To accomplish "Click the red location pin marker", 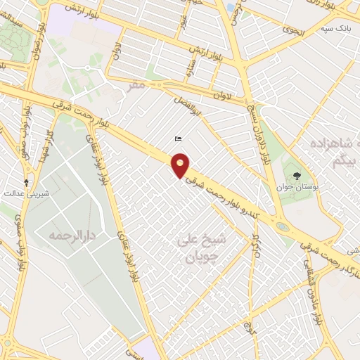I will coord(181,167).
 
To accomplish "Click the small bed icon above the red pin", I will coord(177,140).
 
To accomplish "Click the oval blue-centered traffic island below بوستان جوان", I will coord(282,227).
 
